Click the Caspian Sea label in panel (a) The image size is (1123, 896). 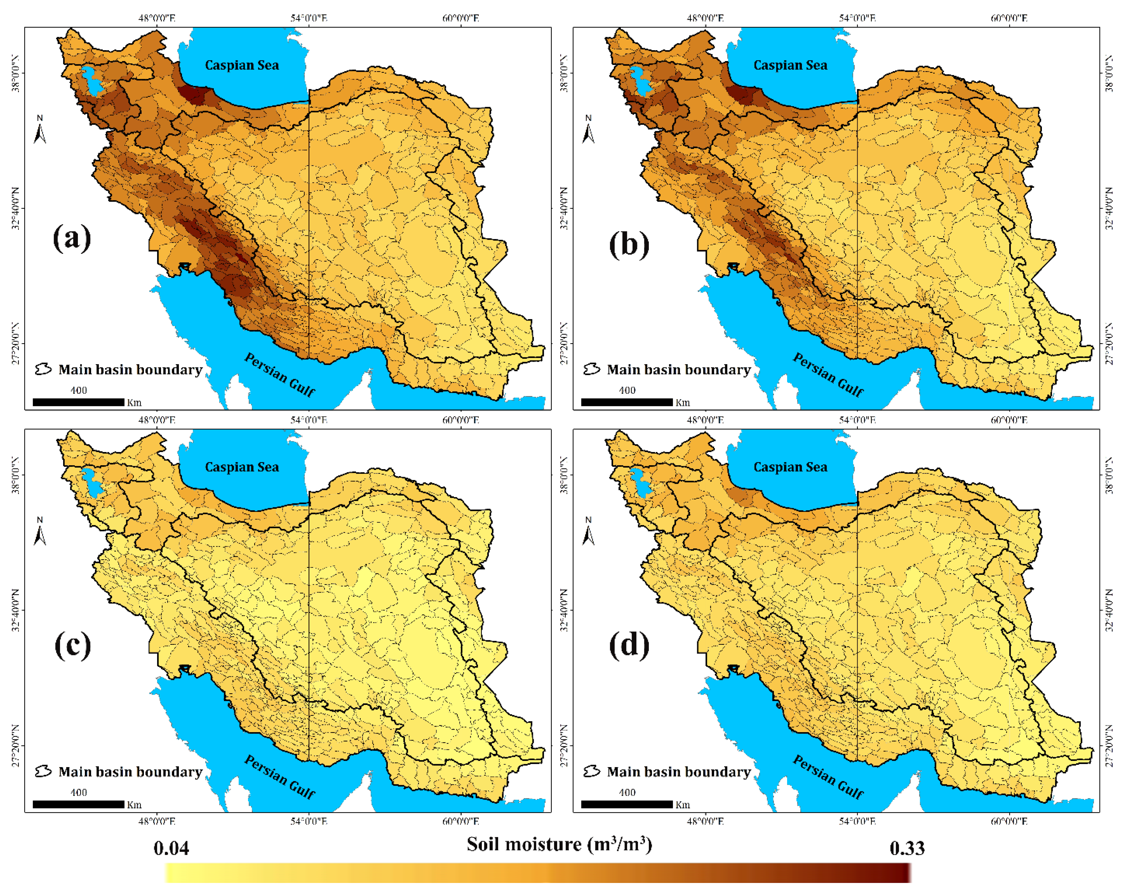pos(242,65)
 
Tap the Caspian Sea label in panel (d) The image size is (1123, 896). pos(790,467)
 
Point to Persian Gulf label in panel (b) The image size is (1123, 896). pos(828,374)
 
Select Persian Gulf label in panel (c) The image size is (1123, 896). pos(279,777)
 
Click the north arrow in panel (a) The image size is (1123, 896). pos(40,130)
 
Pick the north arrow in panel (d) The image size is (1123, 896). pos(588,532)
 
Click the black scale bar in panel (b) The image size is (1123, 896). pos(627,402)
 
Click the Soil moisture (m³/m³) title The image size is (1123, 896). pos(559,844)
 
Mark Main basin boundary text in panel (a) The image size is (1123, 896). pos(130,370)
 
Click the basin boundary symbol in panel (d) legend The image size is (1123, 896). pos(592,771)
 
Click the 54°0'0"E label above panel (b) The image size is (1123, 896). pos(857,18)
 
